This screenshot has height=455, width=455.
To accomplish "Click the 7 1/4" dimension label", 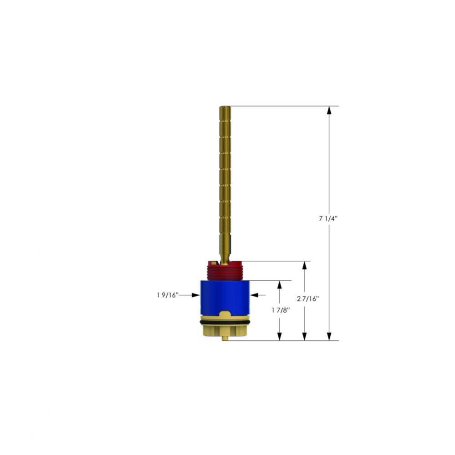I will pos(328,218).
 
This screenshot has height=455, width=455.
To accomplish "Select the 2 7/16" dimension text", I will pos(308,299).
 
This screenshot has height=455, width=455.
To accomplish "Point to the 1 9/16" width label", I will pos(167,295).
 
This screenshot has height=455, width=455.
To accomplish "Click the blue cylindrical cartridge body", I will pos(225,296).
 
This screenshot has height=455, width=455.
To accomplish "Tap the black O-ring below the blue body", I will pos(225,322).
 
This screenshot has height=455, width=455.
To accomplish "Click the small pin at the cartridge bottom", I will pos(225,338).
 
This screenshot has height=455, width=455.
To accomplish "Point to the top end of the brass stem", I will pos(225,108).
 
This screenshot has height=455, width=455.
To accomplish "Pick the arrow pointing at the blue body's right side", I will pos(254,295).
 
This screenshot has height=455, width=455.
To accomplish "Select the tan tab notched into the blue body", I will pos(225,314).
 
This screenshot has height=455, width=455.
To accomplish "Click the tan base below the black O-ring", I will pos(225,330).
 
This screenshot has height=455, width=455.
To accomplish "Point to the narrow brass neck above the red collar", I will pos(225,248).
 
